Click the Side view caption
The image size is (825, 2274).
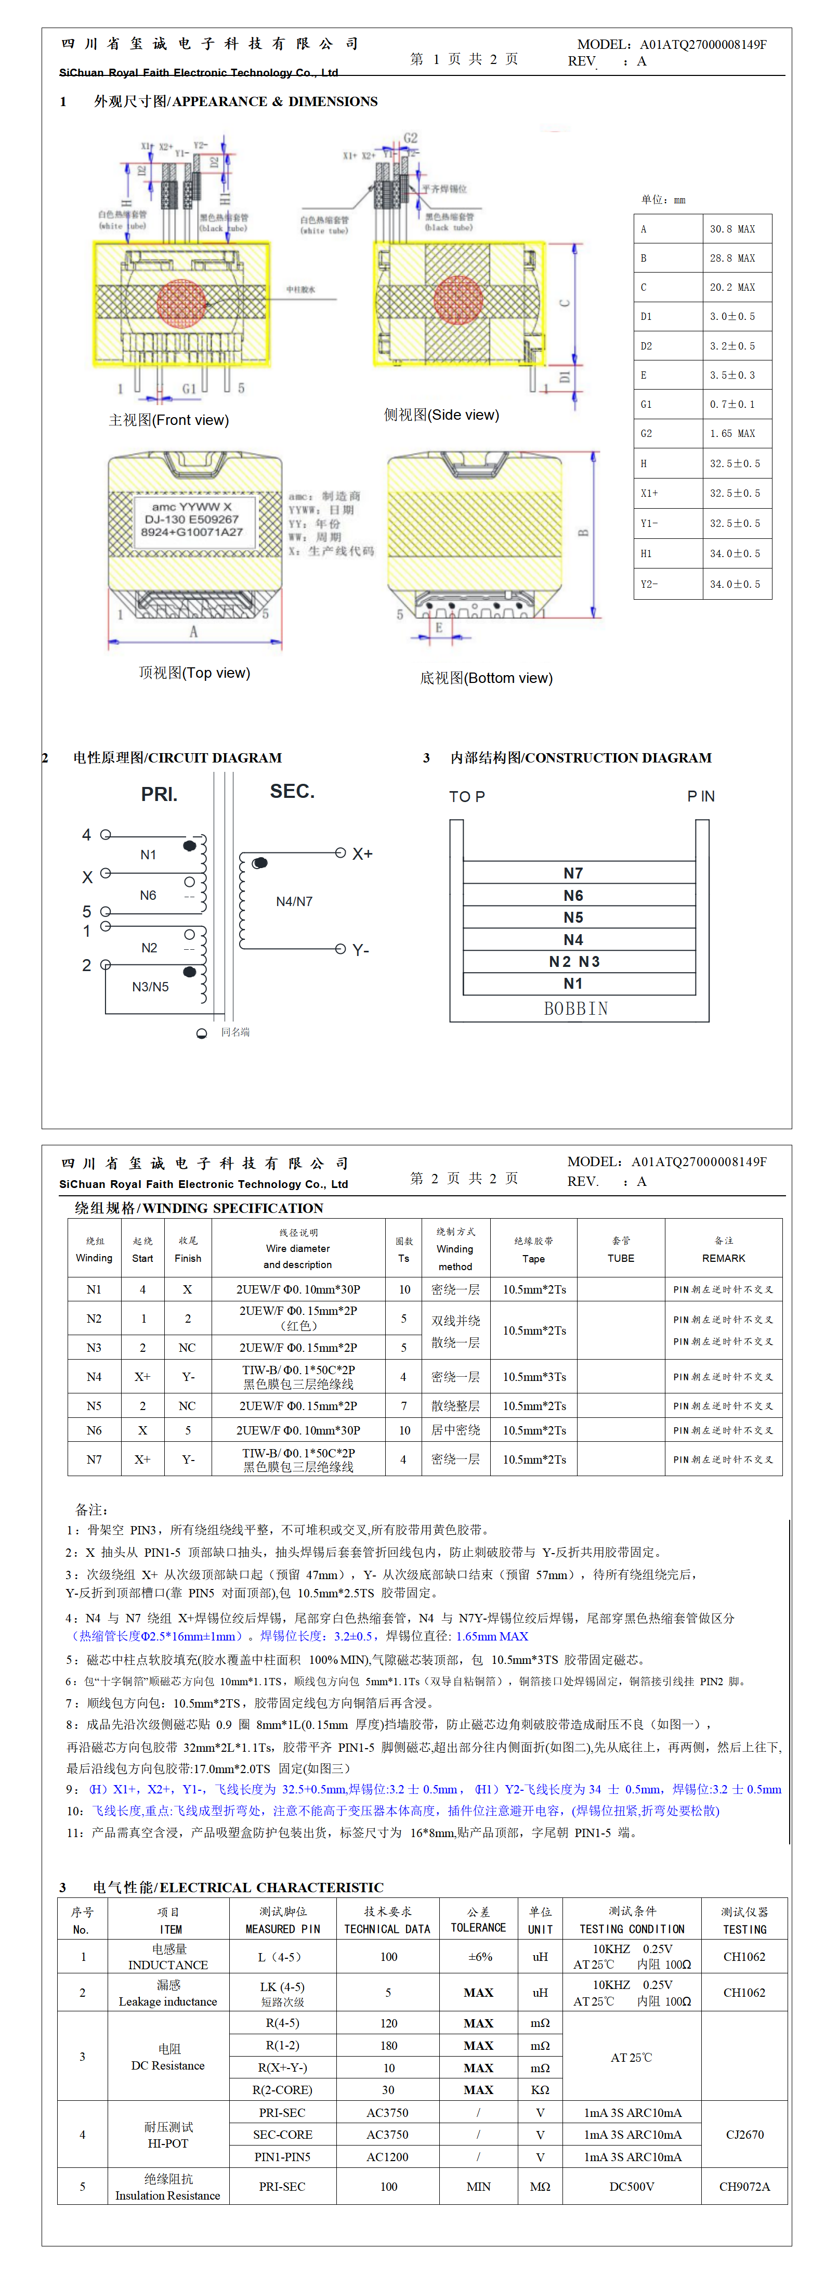[x=441, y=415]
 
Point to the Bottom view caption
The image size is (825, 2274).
[x=486, y=678]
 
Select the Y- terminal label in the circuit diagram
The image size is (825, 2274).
[x=361, y=950]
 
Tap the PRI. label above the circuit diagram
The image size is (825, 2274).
[x=159, y=794]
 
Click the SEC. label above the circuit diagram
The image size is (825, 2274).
[x=292, y=791]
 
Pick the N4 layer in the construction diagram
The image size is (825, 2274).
[x=573, y=939]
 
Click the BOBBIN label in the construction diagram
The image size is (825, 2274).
[x=576, y=1008]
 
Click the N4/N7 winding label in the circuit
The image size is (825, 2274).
[x=294, y=901]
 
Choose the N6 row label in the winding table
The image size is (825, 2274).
[x=94, y=1430]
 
